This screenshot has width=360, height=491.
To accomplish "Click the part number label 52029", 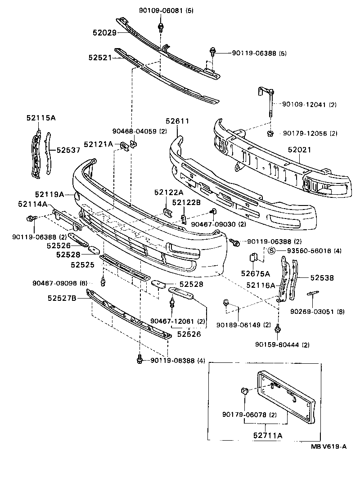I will coord(104,32).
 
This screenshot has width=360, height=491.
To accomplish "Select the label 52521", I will coord(99,58).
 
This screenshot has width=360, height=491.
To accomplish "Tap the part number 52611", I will coord(177,121).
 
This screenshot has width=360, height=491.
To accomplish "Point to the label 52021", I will coord(300,150).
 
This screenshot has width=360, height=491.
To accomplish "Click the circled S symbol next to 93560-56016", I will coord(271,251).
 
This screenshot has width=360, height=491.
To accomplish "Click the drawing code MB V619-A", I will coord(328,446).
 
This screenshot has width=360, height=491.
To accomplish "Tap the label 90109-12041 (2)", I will coord(310,104).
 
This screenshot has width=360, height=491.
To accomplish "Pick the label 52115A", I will coord(40,118).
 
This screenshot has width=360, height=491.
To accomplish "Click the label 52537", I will coord(67,151).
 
